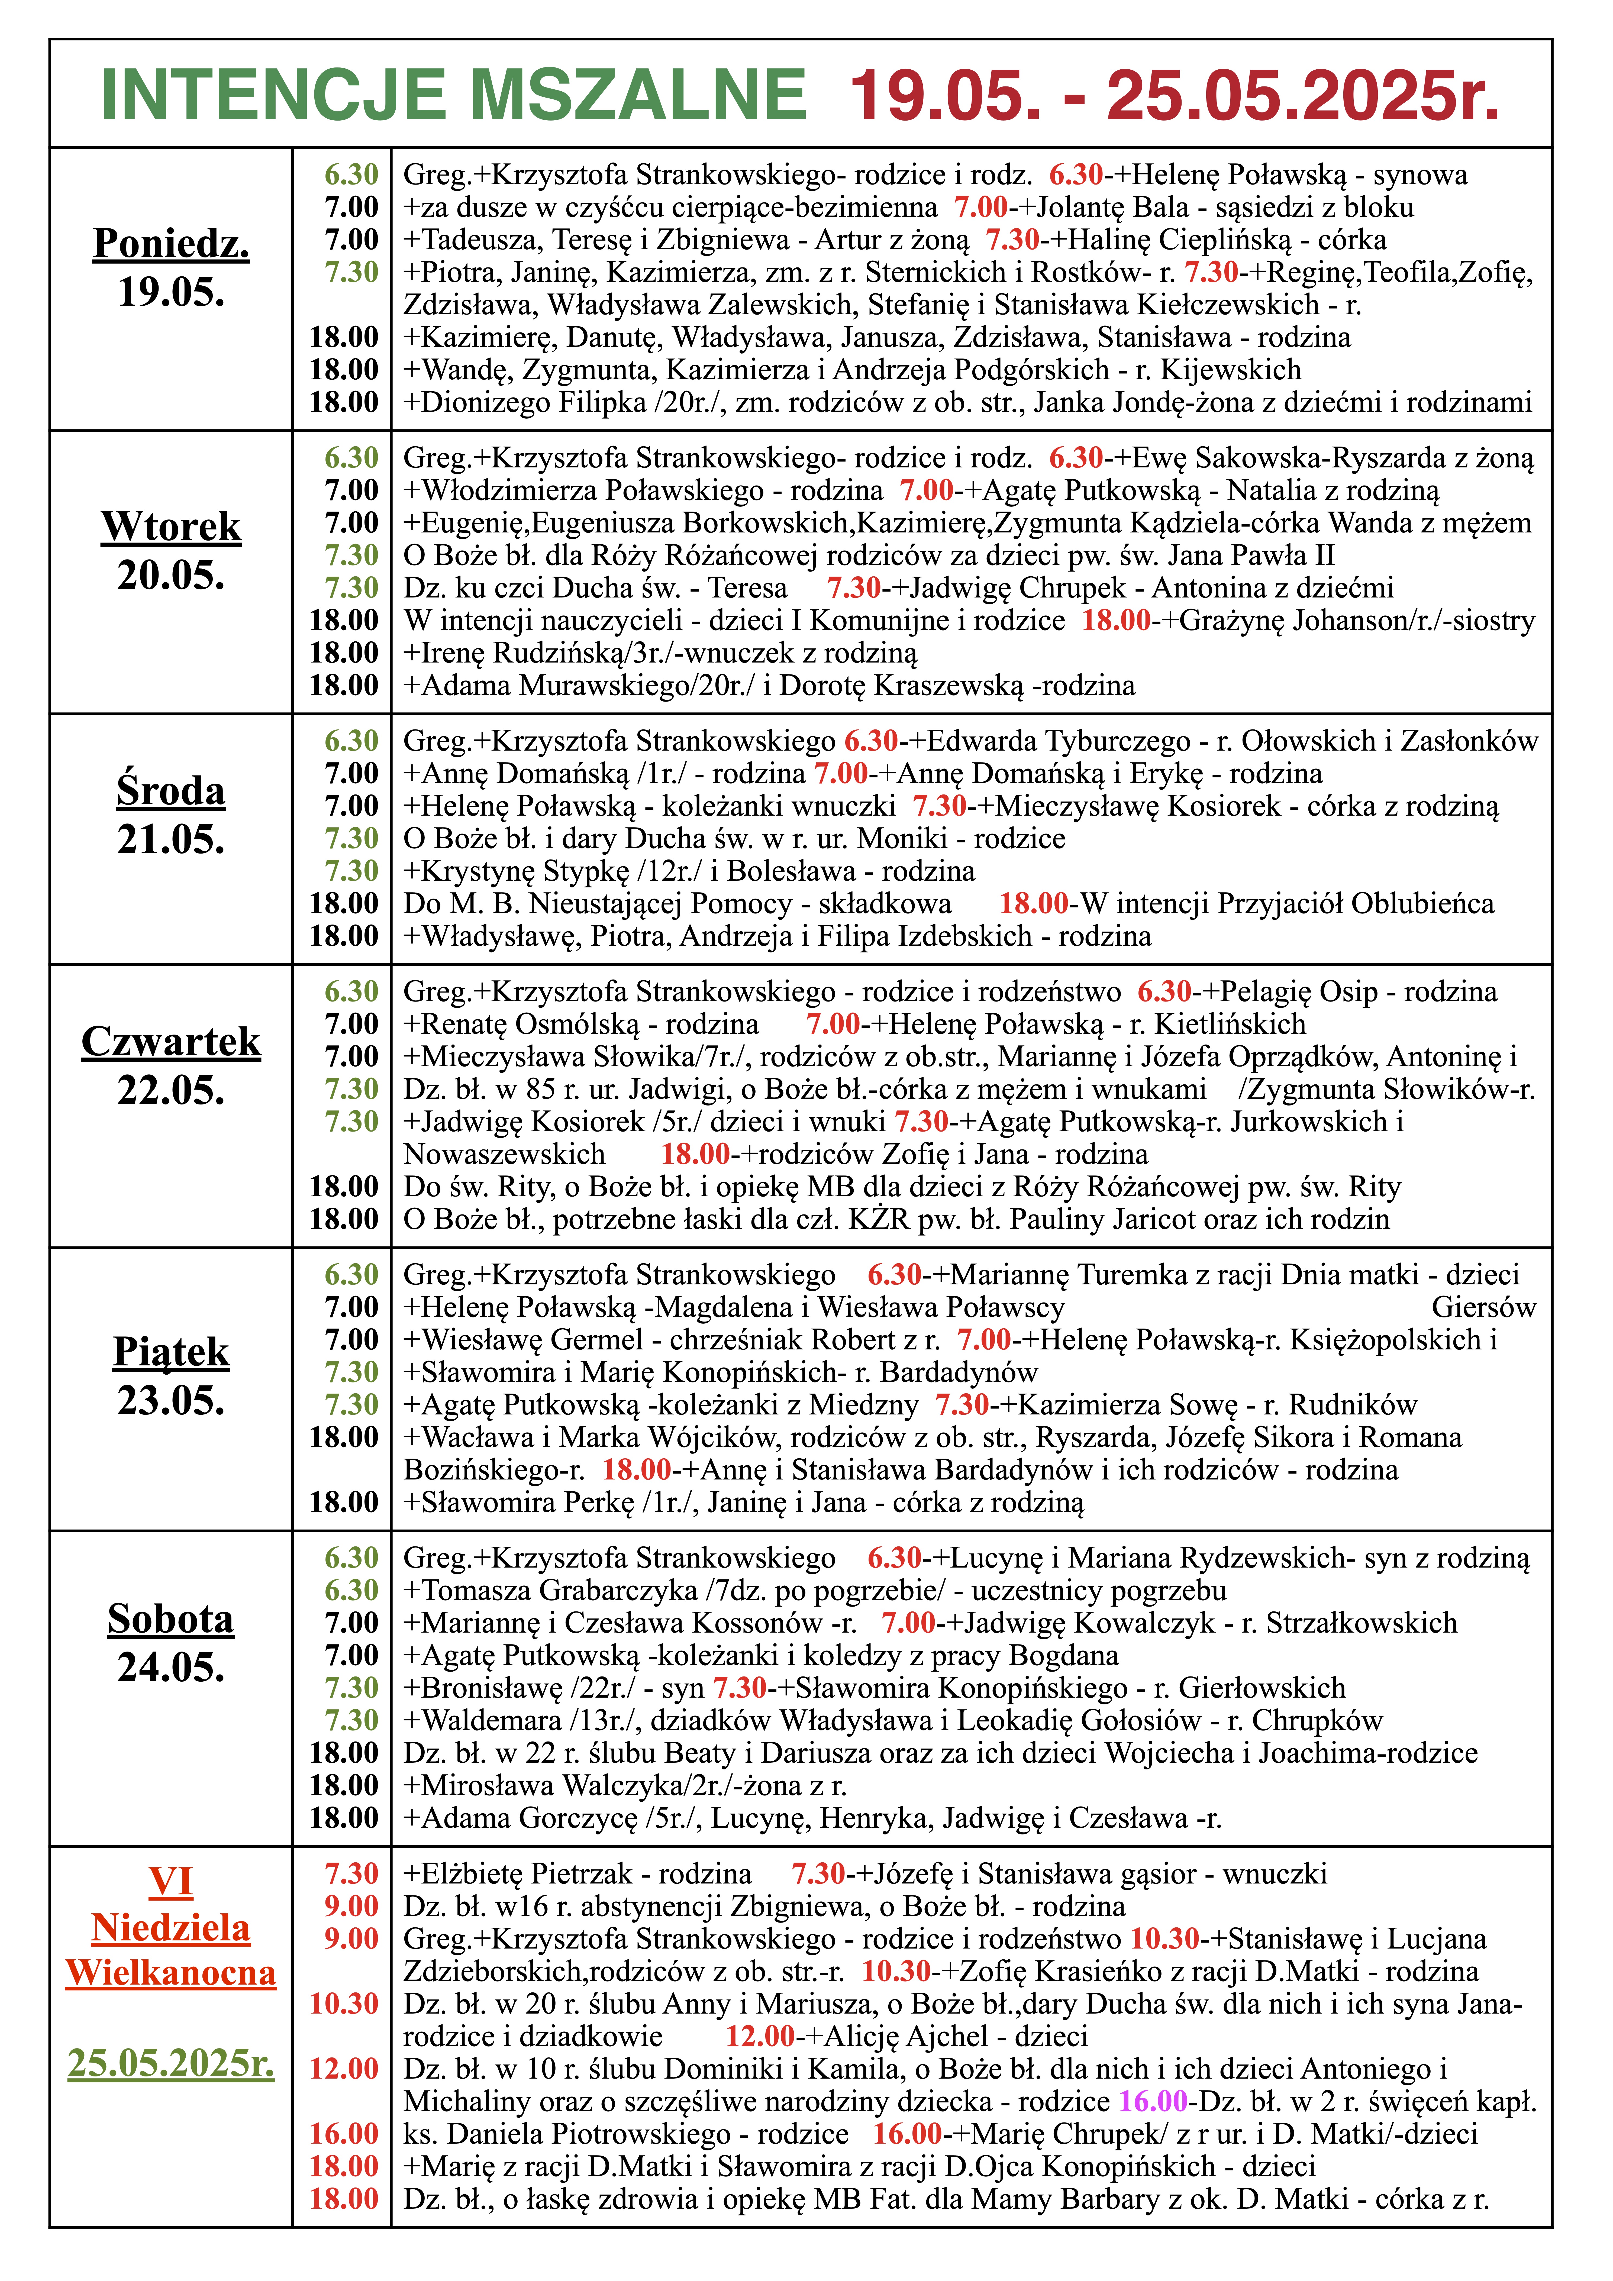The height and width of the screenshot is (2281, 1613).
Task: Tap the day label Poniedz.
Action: (171, 243)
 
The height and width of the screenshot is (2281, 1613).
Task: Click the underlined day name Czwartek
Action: (171, 1041)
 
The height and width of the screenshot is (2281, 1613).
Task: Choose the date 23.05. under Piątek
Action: (171, 1401)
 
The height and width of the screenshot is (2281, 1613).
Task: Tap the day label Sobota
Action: (171, 1619)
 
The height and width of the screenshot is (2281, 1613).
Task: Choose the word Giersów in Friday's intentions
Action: (1483, 1307)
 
